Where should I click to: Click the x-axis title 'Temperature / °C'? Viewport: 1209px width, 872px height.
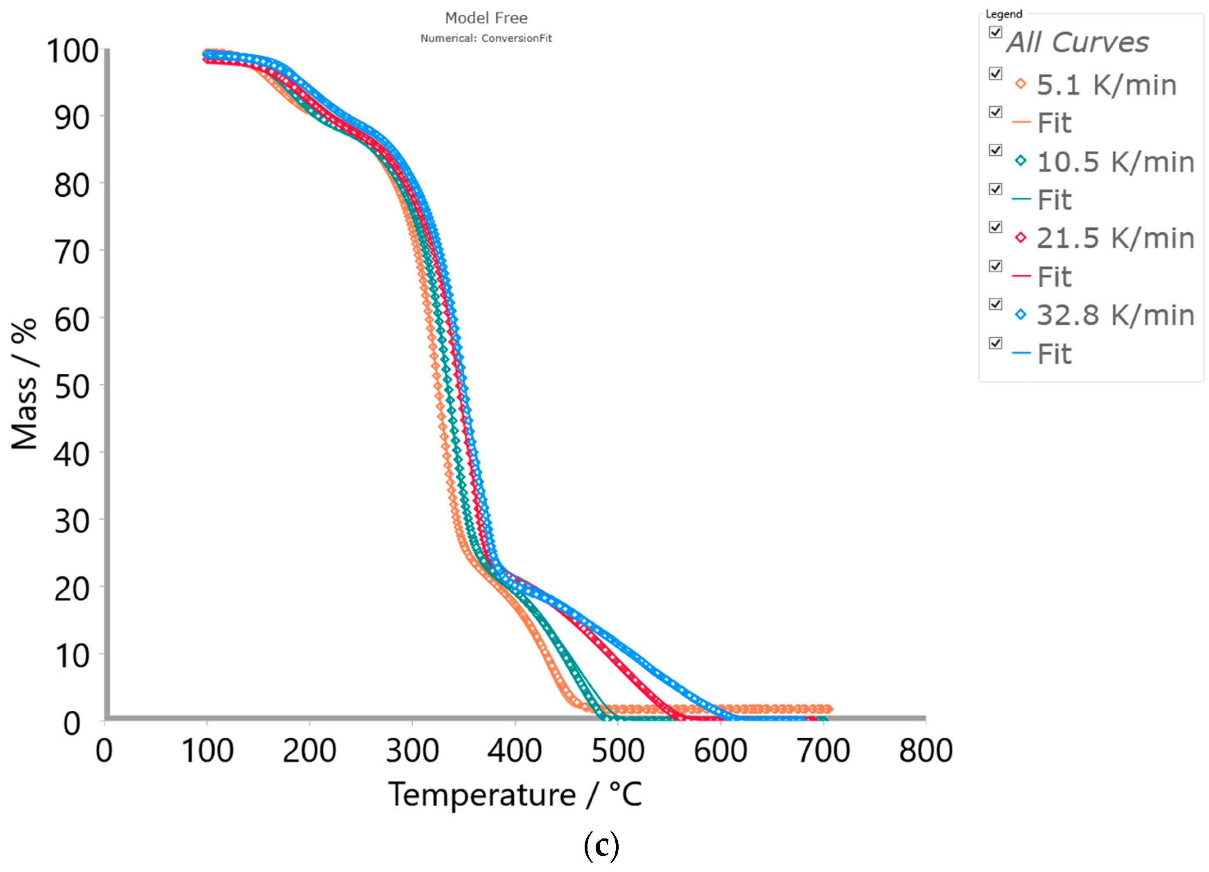click(x=515, y=794)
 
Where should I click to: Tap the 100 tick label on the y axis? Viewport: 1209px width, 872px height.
click(x=73, y=52)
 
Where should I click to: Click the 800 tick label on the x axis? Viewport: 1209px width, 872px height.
click(x=925, y=751)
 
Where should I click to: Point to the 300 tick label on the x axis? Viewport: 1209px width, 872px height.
click(x=412, y=751)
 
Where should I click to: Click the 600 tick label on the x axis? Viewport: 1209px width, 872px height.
click(x=720, y=751)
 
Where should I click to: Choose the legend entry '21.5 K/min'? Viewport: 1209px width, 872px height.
click(x=1115, y=238)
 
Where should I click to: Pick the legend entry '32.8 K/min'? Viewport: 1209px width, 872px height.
click(x=1115, y=315)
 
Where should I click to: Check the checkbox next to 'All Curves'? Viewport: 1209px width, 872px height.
click(x=995, y=32)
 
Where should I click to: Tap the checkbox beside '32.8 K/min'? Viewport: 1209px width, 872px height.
click(x=995, y=304)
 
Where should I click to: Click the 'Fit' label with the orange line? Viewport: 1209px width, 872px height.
click(x=1054, y=124)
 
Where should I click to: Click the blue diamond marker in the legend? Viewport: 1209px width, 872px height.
click(x=1020, y=314)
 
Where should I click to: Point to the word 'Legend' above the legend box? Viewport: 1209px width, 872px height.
click(x=1004, y=14)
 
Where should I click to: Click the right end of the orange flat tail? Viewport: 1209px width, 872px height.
click(x=828, y=709)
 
